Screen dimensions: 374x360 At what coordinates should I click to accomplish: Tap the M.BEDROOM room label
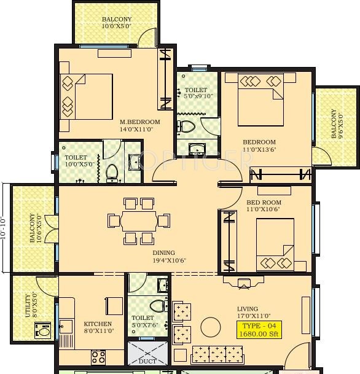[139, 125]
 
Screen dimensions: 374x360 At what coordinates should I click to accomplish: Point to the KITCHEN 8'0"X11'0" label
[98, 327]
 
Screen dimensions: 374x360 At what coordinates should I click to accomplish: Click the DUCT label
[147, 361]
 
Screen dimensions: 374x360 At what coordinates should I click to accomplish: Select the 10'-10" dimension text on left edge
[5, 227]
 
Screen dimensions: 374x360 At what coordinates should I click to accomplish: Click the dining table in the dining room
[139, 220]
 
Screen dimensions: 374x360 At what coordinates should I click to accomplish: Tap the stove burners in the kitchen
[98, 356]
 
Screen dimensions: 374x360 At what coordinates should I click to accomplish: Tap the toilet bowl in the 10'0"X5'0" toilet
[112, 172]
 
